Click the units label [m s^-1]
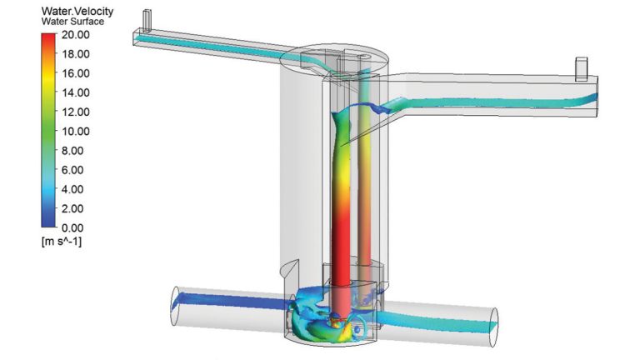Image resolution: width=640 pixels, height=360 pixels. point(61,242)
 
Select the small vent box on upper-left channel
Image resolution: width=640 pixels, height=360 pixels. point(147,17)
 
